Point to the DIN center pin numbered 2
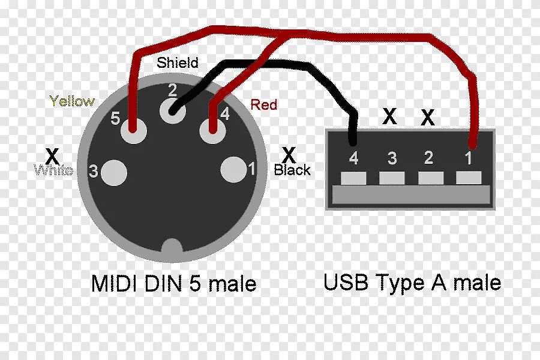(x=173, y=110)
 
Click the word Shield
(x=177, y=62)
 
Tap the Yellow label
(x=72, y=101)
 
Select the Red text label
(x=264, y=105)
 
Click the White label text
(x=54, y=170)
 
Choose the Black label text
(x=292, y=170)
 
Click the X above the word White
(x=53, y=155)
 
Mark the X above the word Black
(x=289, y=155)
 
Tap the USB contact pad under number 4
(x=353, y=178)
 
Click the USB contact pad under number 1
(x=469, y=178)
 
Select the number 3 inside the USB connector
(x=392, y=158)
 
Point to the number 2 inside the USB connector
(x=428, y=158)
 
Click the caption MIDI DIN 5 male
(x=174, y=283)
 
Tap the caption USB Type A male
(x=412, y=281)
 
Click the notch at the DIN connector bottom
(x=173, y=247)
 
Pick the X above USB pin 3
(x=390, y=116)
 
